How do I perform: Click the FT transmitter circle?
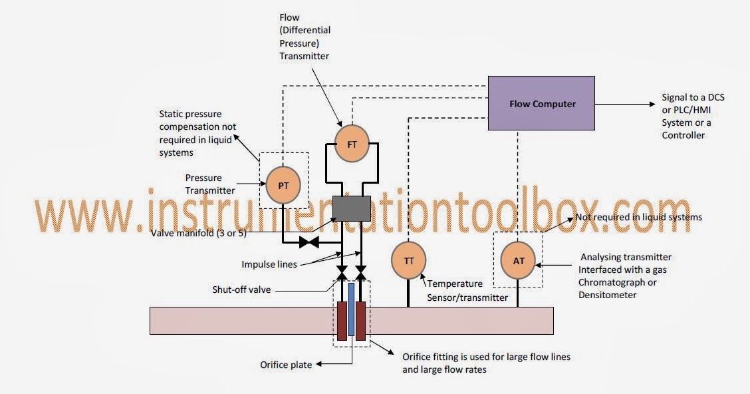coord(351,144)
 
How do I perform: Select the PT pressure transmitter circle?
coord(283,186)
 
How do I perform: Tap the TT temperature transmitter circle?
coord(409,260)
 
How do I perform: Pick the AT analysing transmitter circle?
coord(519,260)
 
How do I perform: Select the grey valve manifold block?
coord(351,209)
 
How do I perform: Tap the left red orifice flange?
coord(342,321)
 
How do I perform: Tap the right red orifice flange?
coord(361,321)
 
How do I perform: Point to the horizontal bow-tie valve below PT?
coord(309,242)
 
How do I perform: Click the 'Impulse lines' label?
coord(269,264)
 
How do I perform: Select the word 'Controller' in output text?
coord(684,135)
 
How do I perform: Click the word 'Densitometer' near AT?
coord(606,294)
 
